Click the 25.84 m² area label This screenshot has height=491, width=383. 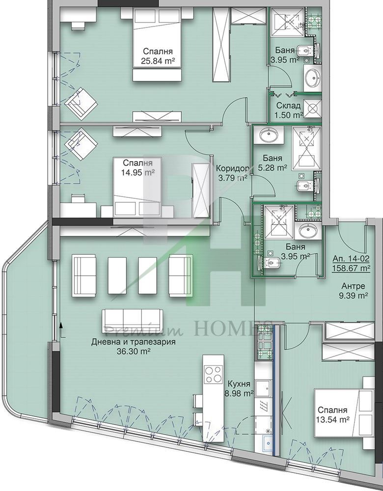[158, 61]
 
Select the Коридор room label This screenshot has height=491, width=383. [233, 168]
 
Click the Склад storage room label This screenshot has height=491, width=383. [288, 106]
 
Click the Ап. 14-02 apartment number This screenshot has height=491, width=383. [351, 259]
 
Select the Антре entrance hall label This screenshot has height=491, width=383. [353, 286]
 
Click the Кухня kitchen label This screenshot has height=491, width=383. [239, 384]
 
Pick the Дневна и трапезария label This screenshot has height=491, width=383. [134, 342]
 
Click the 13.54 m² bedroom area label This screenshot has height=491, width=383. [333, 420]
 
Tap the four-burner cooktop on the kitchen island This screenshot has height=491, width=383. [214, 374]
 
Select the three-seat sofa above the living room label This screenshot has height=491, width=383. [133, 320]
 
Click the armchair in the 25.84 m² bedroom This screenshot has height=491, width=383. [81, 104]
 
